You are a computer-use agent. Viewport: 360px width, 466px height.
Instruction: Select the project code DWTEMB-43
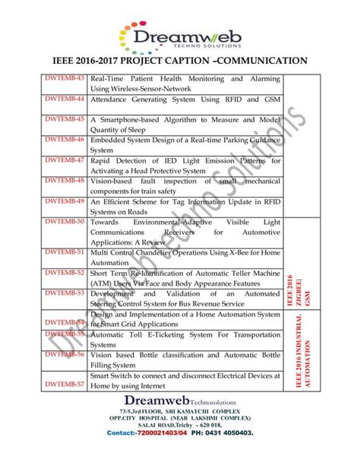tap(65, 80)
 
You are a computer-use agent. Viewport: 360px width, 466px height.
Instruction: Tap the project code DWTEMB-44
tap(65, 100)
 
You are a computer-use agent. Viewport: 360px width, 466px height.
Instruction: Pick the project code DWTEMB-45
tap(65, 120)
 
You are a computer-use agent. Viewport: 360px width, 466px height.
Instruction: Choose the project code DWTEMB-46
tap(65, 140)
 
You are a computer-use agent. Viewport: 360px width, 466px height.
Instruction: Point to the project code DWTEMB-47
tap(65, 160)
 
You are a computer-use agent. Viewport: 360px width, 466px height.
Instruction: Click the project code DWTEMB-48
tap(65, 180)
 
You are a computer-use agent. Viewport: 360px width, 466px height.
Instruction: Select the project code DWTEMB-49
tap(65, 201)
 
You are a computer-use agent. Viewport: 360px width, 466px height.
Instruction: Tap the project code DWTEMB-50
tap(65, 220)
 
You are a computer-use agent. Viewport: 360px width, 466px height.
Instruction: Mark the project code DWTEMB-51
tap(65, 251)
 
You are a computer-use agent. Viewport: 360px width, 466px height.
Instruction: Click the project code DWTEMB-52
tap(65, 271)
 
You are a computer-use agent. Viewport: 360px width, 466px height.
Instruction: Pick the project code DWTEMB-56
tap(65, 353)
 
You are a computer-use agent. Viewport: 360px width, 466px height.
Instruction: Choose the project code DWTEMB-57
tap(65, 385)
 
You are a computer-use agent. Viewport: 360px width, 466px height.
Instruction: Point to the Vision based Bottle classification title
tap(185, 359)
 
